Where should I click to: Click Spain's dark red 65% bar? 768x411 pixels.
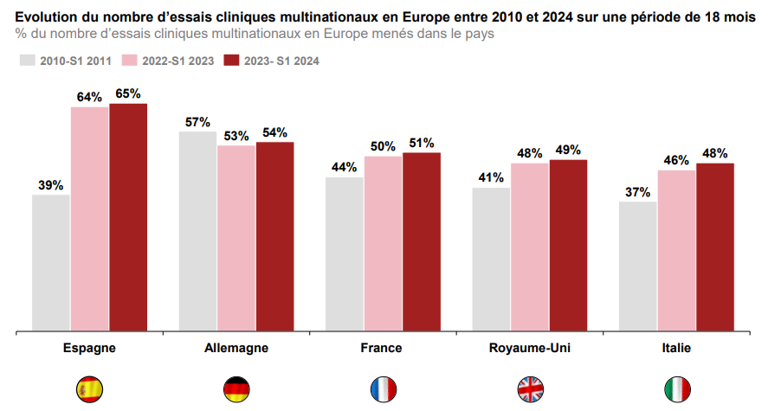tap(128, 216)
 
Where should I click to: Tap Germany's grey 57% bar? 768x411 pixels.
tap(197, 230)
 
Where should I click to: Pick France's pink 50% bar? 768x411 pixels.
tap(383, 243)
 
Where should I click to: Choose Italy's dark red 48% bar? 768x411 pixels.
tap(715, 247)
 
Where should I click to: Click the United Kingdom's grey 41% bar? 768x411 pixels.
tap(491, 259)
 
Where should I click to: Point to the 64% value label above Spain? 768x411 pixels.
tap(89, 97)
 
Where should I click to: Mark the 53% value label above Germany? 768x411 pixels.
tap(236, 136)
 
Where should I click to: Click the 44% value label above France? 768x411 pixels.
tap(344, 167)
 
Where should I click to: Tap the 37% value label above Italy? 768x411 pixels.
tap(637, 192)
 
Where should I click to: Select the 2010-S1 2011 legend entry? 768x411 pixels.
tap(68, 61)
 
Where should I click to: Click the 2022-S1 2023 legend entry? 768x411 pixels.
tap(171, 61)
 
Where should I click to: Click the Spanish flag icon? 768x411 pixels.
tap(90, 389)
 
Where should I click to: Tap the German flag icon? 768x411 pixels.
tap(236, 389)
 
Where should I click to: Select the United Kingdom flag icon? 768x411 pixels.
tap(530, 389)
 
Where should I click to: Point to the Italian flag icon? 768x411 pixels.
tap(676, 389)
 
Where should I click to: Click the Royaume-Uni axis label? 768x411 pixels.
tap(530, 348)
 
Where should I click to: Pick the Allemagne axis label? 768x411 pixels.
tap(236, 348)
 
